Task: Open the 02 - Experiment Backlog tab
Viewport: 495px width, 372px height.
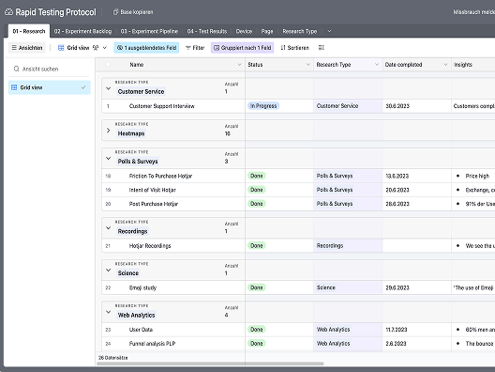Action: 82,31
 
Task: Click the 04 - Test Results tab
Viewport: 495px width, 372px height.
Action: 206,31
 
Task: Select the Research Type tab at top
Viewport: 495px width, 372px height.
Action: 300,31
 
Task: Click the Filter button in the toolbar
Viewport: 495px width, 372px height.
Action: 195,47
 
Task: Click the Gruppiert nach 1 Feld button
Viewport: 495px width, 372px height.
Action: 241,47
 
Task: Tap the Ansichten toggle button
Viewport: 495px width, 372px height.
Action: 27,47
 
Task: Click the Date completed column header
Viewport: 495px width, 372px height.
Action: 403,65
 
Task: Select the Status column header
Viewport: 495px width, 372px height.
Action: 256,65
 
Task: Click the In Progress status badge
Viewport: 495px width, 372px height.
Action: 263,106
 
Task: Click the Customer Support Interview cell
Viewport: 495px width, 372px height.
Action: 162,106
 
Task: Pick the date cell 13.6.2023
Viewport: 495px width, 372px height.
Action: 397,176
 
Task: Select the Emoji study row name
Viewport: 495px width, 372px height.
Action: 143,287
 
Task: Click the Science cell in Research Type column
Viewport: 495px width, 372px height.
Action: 325,287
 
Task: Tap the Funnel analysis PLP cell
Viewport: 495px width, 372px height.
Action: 156,344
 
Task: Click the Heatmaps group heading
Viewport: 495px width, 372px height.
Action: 132,133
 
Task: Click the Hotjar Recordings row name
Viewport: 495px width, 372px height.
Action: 150,245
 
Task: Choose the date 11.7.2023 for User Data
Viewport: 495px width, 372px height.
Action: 397,330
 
